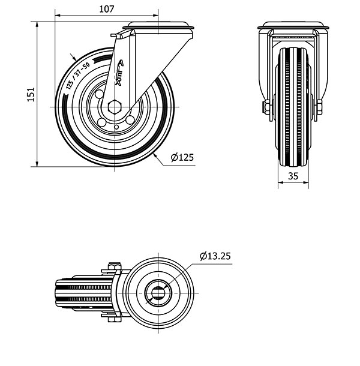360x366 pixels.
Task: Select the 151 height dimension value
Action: (x=32, y=94)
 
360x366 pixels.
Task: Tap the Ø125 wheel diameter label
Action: (x=182, y=158)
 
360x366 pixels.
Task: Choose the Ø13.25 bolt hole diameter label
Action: (x=215, y=256)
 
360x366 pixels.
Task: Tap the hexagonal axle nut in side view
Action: (x=115, y=107)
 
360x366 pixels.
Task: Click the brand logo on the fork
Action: (x=119, y=73)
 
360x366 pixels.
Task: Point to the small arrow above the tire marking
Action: (x=74, y=57)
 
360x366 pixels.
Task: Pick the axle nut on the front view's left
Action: (x=265, y=108)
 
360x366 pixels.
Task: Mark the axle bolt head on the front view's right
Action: (x=319, y=109)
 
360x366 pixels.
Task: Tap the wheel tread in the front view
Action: (x=294, y=108)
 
